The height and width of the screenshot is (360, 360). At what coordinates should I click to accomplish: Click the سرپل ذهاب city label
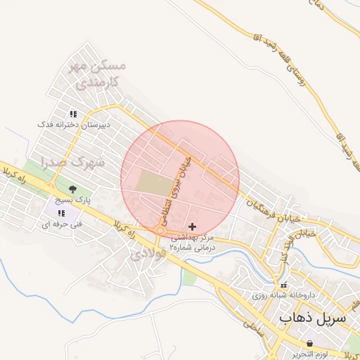pyautogui.click(x=313, y=318)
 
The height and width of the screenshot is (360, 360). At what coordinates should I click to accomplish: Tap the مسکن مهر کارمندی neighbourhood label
pyautogui.click(x=98, y=74)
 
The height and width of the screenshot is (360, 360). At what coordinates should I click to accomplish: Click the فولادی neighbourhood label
pyautogui.click(x=149, y=255)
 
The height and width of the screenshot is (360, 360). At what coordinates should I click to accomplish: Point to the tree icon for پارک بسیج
pyautogui.click(x=72, y=189)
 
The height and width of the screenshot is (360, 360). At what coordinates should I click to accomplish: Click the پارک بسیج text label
pyautogui.click(x=72, y=200)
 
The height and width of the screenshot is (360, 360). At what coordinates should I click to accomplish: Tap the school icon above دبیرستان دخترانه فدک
pyautogui.click(x=72, y=114)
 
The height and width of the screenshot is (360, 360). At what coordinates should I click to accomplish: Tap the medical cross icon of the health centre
pyautogui.click(x=193, y=226)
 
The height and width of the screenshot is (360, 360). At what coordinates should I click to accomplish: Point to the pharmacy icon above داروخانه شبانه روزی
pyautogui.click(x=283, y=285)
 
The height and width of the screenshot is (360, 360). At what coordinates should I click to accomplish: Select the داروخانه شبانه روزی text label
pyautogui.click(x=299, y=296)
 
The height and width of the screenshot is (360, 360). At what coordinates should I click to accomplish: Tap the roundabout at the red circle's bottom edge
pyautogui.click(x=160, y=231)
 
